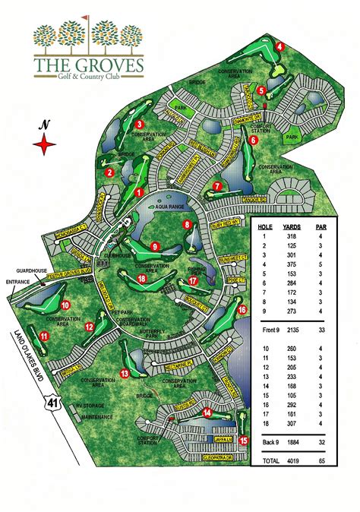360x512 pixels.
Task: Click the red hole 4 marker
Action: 279,46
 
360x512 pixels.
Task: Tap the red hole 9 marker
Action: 154,246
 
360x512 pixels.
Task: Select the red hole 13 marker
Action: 124,372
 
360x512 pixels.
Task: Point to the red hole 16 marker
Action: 242,309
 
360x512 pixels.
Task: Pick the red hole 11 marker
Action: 45,336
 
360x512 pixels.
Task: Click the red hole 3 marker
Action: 140,125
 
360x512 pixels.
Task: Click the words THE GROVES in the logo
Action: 89,67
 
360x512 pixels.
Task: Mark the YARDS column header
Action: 291,226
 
